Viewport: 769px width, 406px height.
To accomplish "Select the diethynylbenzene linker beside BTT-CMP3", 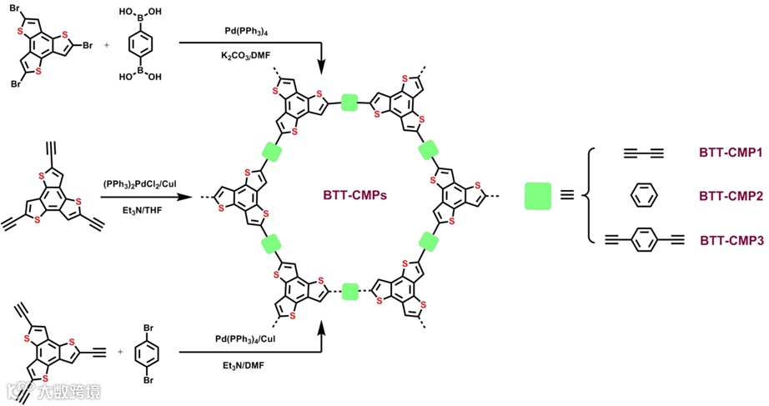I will coord(643,241).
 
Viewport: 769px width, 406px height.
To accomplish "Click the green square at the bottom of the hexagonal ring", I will coord(349,292).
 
